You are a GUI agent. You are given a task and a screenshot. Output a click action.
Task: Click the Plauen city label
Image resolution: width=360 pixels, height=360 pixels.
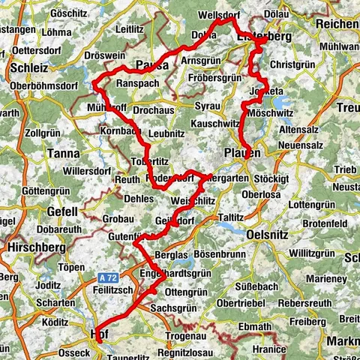pos(241,153)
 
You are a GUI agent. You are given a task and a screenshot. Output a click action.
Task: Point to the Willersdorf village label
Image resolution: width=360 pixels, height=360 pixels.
pos(88,170)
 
